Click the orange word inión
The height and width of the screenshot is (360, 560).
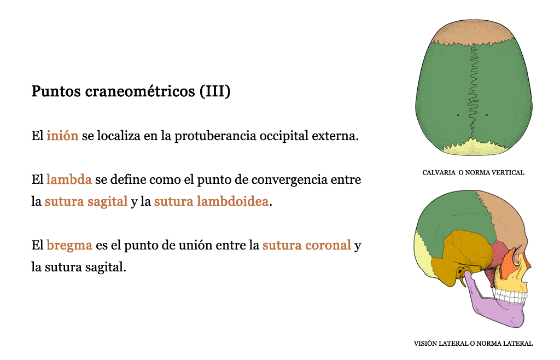pyautogui.click(x=62, y=136)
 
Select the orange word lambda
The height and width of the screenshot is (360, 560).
pyautogui.click(x=69, y=179)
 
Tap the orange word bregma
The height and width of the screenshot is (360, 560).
pyautogui.click(x=69, y=246)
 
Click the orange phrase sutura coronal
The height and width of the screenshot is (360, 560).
pyautogui.click(x=307, y=245)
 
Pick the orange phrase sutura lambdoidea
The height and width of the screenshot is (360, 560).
pyautogui.click(x=211, y=201)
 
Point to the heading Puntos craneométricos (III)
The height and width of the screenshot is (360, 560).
pyautogui.click(x=131, y=91)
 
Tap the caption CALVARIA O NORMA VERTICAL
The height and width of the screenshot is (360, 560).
pyautogui.click(x=473, y=173)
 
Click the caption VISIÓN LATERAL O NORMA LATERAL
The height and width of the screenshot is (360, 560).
pyautogui.click(x=473, y=344)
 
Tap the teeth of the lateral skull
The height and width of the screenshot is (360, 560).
pyautogui.click(x=510, y=296)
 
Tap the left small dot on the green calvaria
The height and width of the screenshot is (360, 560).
pyautogui.click(x=458, y=115)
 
